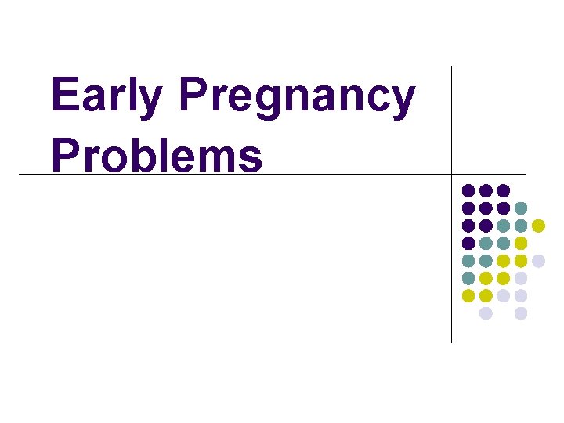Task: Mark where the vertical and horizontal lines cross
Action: [x=452, y=174]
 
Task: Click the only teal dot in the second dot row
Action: [x=521, y=208]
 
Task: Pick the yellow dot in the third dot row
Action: [x=538, y=226]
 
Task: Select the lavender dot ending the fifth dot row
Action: [x=538, y=261]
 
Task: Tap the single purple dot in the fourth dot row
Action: [x=468, y=243]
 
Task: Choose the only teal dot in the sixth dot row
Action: [x=468, y=278]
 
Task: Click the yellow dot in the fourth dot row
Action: [x=521, y=243]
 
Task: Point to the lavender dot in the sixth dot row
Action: [x=521, y=278]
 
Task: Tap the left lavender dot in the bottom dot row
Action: [x=486, y=313]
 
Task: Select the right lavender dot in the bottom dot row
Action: [x=521, y=313]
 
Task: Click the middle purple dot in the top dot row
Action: [x=486, y=190]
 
